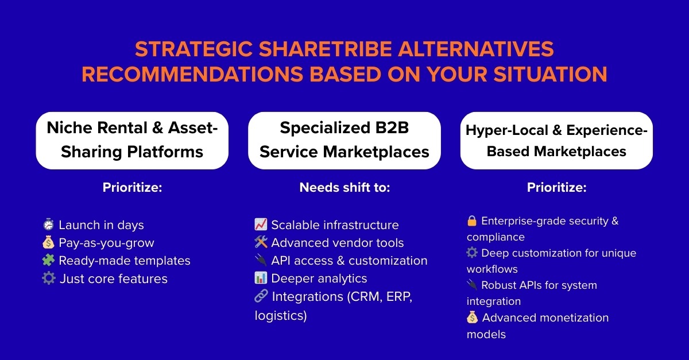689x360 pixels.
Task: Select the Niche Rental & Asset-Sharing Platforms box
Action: click(132, 140)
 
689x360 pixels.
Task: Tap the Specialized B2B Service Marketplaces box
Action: click(344, 140)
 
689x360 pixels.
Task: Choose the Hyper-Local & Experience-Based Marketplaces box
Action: click(556, 140)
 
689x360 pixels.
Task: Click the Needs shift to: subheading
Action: click(344, 187)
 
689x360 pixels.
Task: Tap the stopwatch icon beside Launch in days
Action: click(48, 224)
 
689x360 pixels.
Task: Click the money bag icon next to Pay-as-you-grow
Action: click(48, 242)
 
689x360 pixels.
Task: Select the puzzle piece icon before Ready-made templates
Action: click(48, 260)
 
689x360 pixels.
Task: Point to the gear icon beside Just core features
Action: click(49, 278)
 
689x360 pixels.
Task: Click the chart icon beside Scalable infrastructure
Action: click(261, 224)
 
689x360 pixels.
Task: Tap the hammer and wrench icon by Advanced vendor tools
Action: click(261, 242)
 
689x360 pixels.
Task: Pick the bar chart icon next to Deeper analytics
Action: click(261, 278)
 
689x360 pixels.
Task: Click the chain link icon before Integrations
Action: click(261, 296)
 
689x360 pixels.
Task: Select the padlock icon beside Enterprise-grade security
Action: click(472, 220)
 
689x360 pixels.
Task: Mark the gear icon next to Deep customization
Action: click(472, 253)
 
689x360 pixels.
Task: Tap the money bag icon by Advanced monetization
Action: click(472, 318)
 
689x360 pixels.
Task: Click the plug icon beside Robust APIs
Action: click(472, 285)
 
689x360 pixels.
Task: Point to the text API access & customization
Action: click(350, 261)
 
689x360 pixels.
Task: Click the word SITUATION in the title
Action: click(551, 74)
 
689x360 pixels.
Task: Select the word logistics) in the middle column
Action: click(281, 315)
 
